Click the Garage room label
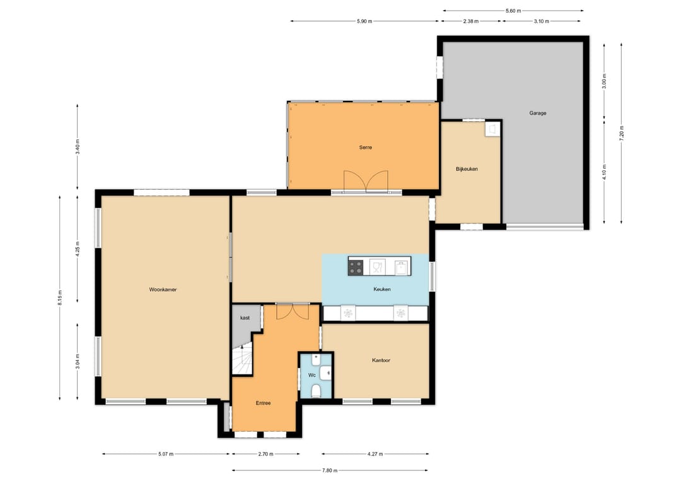538,113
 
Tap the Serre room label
365,147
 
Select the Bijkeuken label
467,169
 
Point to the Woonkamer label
163,289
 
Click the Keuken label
382,289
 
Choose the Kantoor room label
381,361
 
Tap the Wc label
312,375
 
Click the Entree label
263,403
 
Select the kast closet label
245,318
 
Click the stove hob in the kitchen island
356,267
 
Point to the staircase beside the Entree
242,358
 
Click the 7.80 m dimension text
330,470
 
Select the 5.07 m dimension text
166,454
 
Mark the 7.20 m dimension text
622,133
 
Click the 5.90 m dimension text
364,21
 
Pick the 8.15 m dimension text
60,298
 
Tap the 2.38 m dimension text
471,21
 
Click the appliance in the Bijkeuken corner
492,129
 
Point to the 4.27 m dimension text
375,454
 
